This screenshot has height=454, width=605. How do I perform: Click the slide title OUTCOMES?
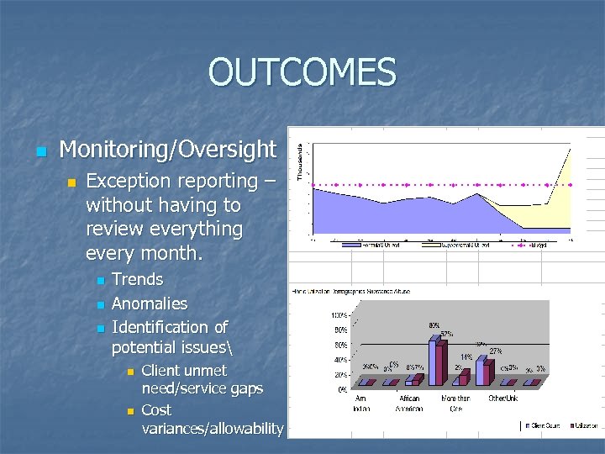coord(302,72)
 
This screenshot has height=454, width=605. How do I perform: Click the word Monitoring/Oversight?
coord(168,150)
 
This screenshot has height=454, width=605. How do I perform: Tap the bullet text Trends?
coord(137,279)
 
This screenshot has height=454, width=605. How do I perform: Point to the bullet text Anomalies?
coord(150,304)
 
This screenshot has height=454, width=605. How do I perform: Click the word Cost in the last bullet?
coord(156,410)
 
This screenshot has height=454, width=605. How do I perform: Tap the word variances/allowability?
coord(213,429)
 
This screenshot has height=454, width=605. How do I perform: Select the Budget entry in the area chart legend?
coord(538,245)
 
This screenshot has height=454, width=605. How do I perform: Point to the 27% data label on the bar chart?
coord(496,351)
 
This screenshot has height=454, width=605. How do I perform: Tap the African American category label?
coord(409,404)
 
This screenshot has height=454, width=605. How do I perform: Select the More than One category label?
coord(456,404)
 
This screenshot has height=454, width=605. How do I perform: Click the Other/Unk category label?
coord(503,399)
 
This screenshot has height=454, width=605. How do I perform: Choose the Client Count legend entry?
coord(544,426)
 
